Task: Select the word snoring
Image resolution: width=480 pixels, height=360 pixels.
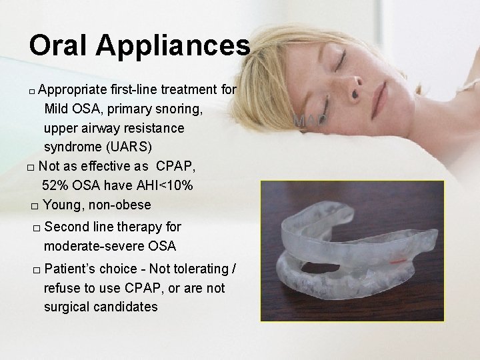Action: click(x=179, y=108)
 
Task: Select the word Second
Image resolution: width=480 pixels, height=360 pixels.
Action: click(x=67, y=227)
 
